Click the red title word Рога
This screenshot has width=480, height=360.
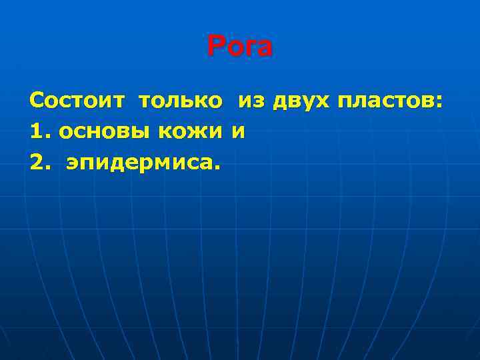point(240,47)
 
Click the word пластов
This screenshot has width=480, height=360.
point(387,102)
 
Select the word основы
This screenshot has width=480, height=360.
point(106,133)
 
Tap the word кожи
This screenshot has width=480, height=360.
point(191,133)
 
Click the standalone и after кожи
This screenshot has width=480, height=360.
point(239,133)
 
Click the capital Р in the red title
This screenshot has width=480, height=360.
point(215,47)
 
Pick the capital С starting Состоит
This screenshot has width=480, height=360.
point(37,102)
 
